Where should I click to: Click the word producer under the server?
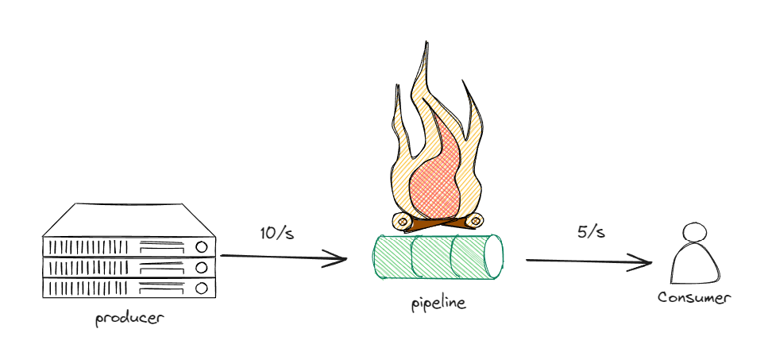point(129,319)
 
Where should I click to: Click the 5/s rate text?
point(591,232)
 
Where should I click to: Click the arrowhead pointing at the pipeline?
point(342,259)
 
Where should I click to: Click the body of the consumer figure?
point(693,265)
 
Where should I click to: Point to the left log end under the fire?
point(402,220)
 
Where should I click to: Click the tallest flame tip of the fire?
point(426,44)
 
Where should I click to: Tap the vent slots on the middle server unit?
point(87,267)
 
